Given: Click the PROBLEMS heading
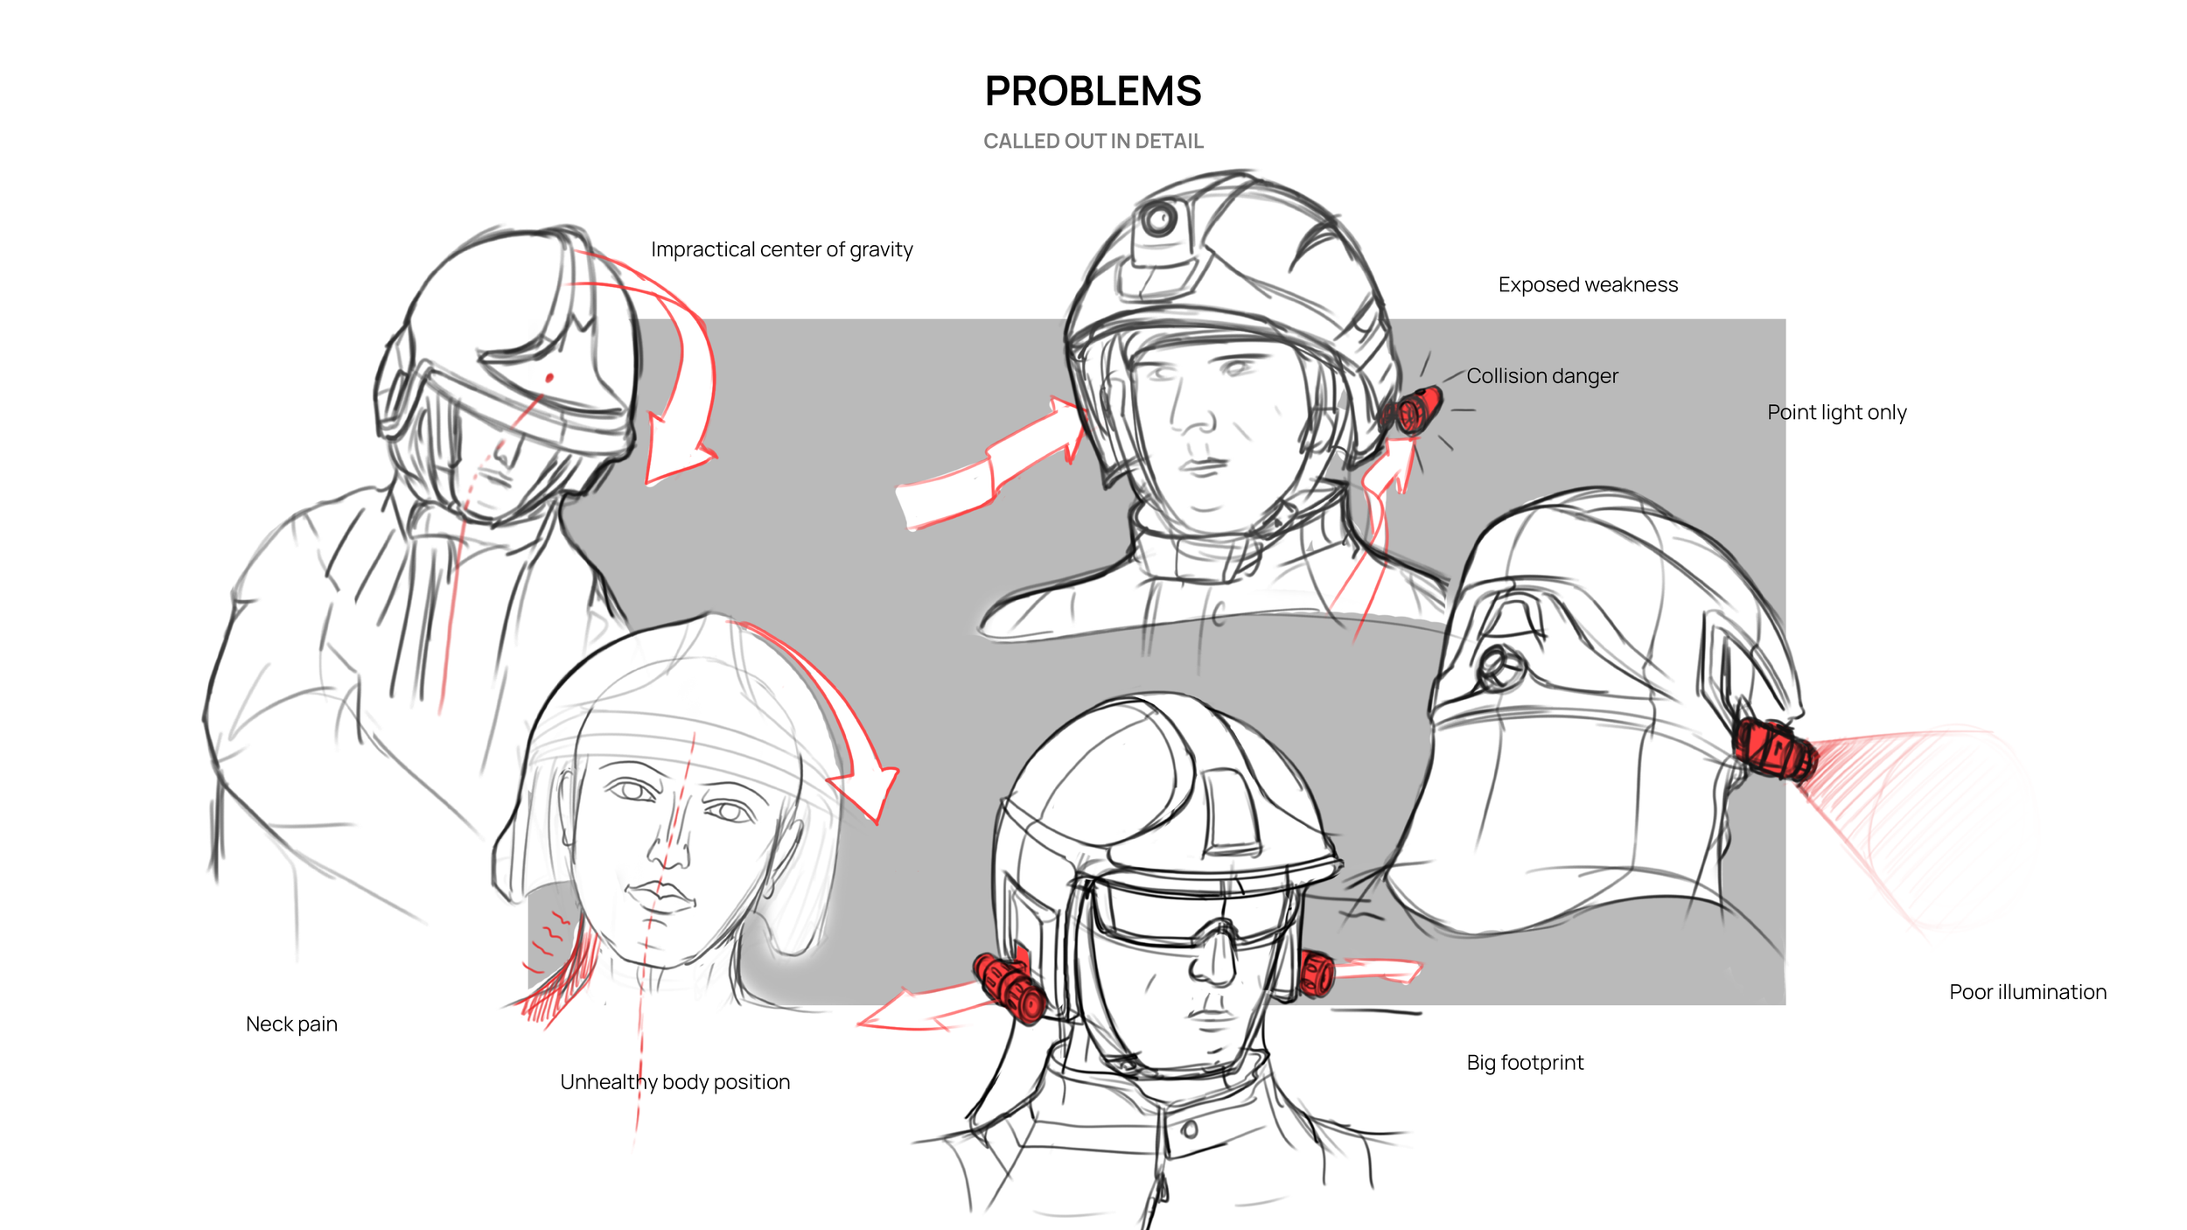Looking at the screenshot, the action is click(1093, 91).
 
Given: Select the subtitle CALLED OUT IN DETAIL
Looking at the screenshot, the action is click(1093, 141).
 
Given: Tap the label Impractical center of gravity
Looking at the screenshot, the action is click(781, 250).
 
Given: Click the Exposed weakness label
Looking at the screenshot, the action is click(1588, 285).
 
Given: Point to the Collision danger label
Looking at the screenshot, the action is click(1542, 376).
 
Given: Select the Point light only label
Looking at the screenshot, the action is click(1836, 413).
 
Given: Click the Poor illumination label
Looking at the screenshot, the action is click(2028, 992).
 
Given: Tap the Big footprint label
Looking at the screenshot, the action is click(1525, 1063).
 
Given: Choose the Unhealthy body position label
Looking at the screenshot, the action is click(674, 1083).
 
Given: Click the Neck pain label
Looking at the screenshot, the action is click(291, 1024).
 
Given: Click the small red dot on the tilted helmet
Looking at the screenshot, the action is click(549, 378).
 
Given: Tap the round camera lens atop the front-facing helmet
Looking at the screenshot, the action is click(1160, 218).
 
